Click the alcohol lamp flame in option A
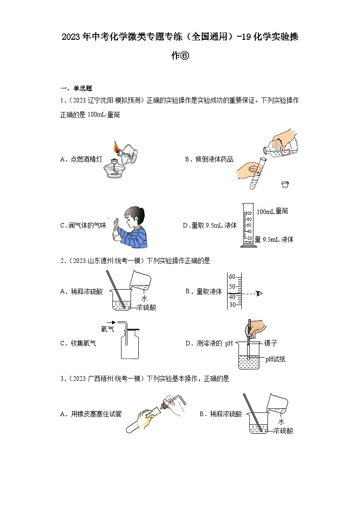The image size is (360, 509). click(x=117, y=147)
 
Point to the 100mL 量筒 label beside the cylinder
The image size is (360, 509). click(x=272, y=211)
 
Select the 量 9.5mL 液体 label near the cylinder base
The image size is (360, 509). click(x=274, y=239)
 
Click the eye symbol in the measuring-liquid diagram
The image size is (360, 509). click(x=259, y=293)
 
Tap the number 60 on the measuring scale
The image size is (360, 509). click(x=232, y=276)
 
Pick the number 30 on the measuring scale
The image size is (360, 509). click(x=232, y=305)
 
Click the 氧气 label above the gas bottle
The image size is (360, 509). click(x=108, y=330)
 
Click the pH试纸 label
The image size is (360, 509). click(x=276, y=359)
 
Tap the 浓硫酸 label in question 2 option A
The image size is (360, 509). click(x=146, y=307)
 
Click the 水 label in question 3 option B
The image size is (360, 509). click(x=281, y=422)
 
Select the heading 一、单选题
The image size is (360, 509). click(x=76, y=88)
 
